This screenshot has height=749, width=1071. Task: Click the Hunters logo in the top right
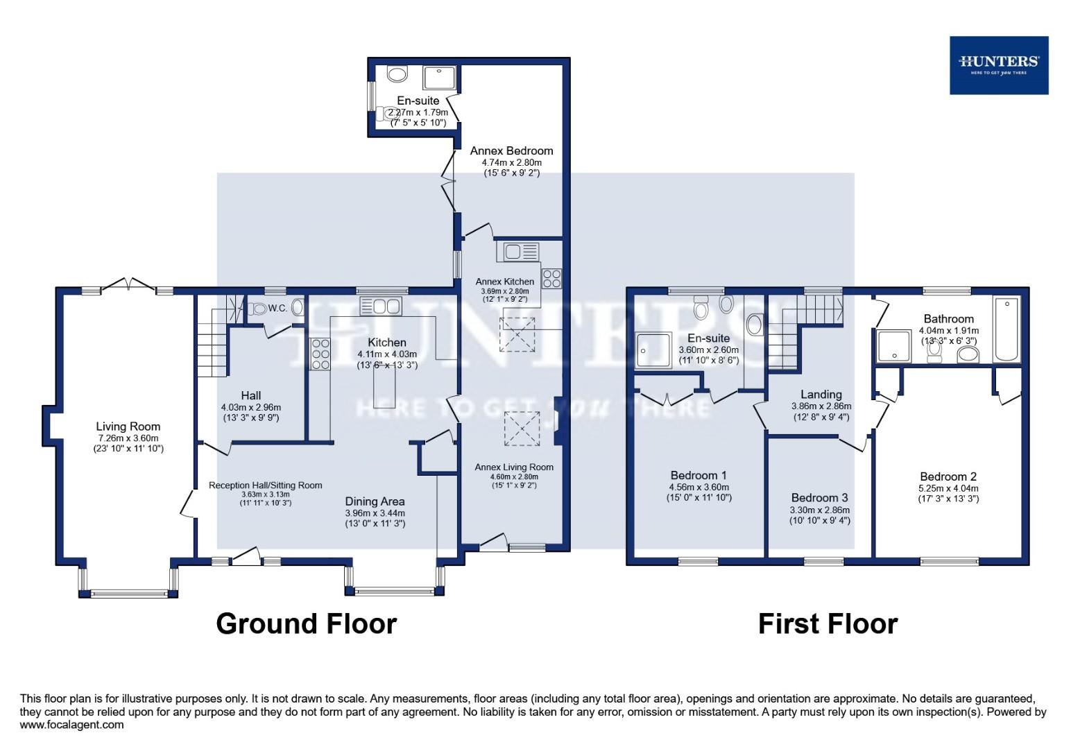998,65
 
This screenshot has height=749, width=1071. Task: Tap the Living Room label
128,427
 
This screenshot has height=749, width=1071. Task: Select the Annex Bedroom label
511,150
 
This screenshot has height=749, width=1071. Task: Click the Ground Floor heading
306,623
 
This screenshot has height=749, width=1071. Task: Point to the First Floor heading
828,623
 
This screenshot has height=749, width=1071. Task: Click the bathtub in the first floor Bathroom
1006,329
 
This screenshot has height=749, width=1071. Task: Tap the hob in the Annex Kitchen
551,278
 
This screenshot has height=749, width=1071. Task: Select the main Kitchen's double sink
380,306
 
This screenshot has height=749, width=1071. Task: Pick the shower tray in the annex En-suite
439,78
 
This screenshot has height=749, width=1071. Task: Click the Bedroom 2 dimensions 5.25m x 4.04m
948,488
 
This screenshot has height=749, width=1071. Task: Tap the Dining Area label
375,501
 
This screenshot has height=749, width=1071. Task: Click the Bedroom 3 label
819,497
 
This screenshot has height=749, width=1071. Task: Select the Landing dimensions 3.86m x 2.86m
821,406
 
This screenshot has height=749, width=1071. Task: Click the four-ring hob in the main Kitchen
320,354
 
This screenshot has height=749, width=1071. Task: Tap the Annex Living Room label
514,467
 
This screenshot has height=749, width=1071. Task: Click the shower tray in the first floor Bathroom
895,346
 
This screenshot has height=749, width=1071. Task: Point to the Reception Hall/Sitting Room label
265,485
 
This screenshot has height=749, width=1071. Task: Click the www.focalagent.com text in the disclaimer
72,725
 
